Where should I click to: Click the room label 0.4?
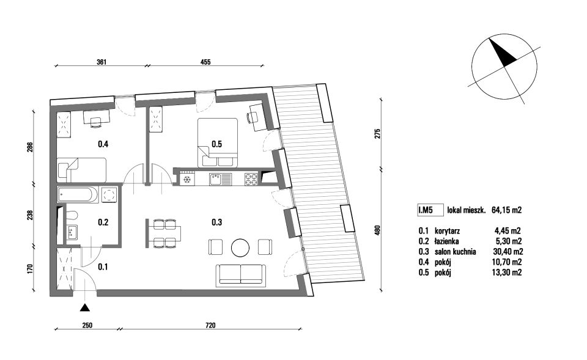point(103,144)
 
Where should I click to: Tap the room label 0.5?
point(216,144)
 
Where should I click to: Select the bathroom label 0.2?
point(103,222)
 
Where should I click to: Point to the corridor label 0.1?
point(103,267)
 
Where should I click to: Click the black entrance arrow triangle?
point(86,307)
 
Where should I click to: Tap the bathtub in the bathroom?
point(78,194)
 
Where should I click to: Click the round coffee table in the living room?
point(240,248)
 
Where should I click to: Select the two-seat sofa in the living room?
point(240,274)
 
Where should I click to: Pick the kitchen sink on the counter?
point(220,179)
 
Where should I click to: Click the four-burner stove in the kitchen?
point(251,179)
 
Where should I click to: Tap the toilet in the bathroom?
point(72,215)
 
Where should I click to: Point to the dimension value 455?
point(205,62)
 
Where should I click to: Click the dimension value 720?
point(211,326)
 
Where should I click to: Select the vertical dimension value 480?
point(377,229)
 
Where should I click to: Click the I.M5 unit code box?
point(430,210)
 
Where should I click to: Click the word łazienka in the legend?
point(446,241)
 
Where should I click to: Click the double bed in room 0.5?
point(218,142)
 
